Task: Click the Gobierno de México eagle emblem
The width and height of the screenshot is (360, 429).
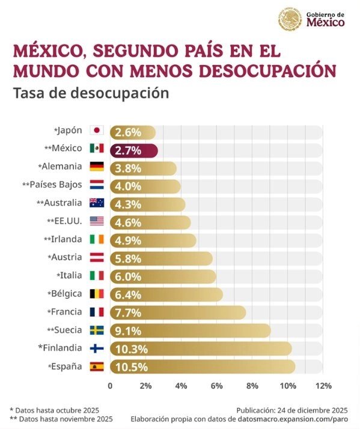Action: [x=290, y=19]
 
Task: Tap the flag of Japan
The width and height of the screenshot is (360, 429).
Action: [x=96, y=130]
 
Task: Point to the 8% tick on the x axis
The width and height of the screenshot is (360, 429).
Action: [x=252, y=386]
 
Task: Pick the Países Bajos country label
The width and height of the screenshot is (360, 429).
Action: [x=52, y=184]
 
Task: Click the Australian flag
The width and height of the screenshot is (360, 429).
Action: [x=96, y=203]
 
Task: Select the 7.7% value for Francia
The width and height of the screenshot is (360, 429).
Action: [x=128, y=312]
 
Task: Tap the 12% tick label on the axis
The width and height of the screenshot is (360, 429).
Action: [x=323, y=386]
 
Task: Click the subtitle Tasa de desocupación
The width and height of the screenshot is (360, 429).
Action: [x=91, y=94]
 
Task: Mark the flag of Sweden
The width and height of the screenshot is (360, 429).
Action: [x=96, y=330]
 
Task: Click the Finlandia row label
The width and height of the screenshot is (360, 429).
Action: [x=59, y=347]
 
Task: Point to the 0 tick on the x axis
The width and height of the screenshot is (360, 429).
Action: [x=110, y=386]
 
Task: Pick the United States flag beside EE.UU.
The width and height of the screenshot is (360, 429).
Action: [x=96, y=221]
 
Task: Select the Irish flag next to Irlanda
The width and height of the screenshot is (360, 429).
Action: [x=96, y=239]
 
